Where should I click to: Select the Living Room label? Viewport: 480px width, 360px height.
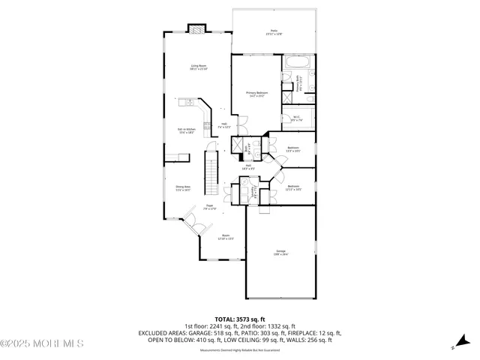198,68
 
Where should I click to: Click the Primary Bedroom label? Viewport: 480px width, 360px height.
256,94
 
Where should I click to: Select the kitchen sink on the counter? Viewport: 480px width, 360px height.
190,103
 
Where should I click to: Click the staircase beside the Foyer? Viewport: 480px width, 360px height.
211,171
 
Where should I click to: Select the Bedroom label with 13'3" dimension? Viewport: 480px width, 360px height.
292,149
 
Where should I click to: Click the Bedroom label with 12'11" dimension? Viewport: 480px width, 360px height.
292,188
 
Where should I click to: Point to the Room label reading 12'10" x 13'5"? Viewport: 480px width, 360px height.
226,237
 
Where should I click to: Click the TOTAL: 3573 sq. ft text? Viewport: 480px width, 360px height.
239,319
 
